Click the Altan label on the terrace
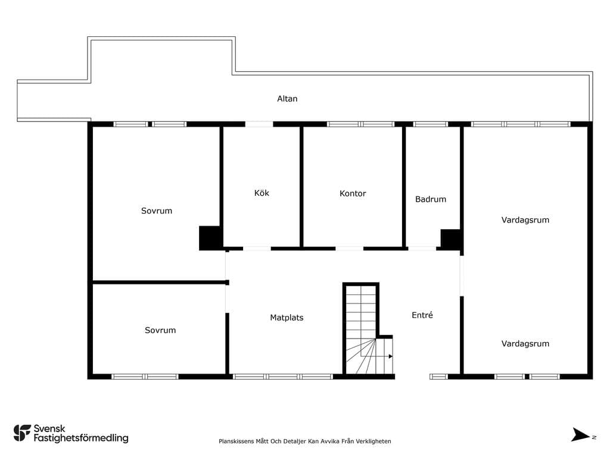click(287, 99)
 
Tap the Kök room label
click(262, 193)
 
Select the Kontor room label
click(353, 193)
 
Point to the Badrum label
click(431, 199)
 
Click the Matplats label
click(287, 318)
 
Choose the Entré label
click(422, 315)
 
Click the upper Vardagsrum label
click(525, 220)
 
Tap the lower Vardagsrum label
click(525, 343)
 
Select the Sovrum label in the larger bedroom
click(157, 211)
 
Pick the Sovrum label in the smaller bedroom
click(160, 330)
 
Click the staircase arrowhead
click(391, 356)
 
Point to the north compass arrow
click(580, 435)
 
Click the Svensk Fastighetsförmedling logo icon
click(22, 433)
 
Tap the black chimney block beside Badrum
click(450, 239)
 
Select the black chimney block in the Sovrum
click(210, 238)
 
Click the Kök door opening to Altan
click(259, 124)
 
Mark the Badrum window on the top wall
click(430, 124)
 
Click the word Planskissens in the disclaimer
click(236, 441)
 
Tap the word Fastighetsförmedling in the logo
click(81, 438)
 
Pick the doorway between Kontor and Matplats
click(349, 248)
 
